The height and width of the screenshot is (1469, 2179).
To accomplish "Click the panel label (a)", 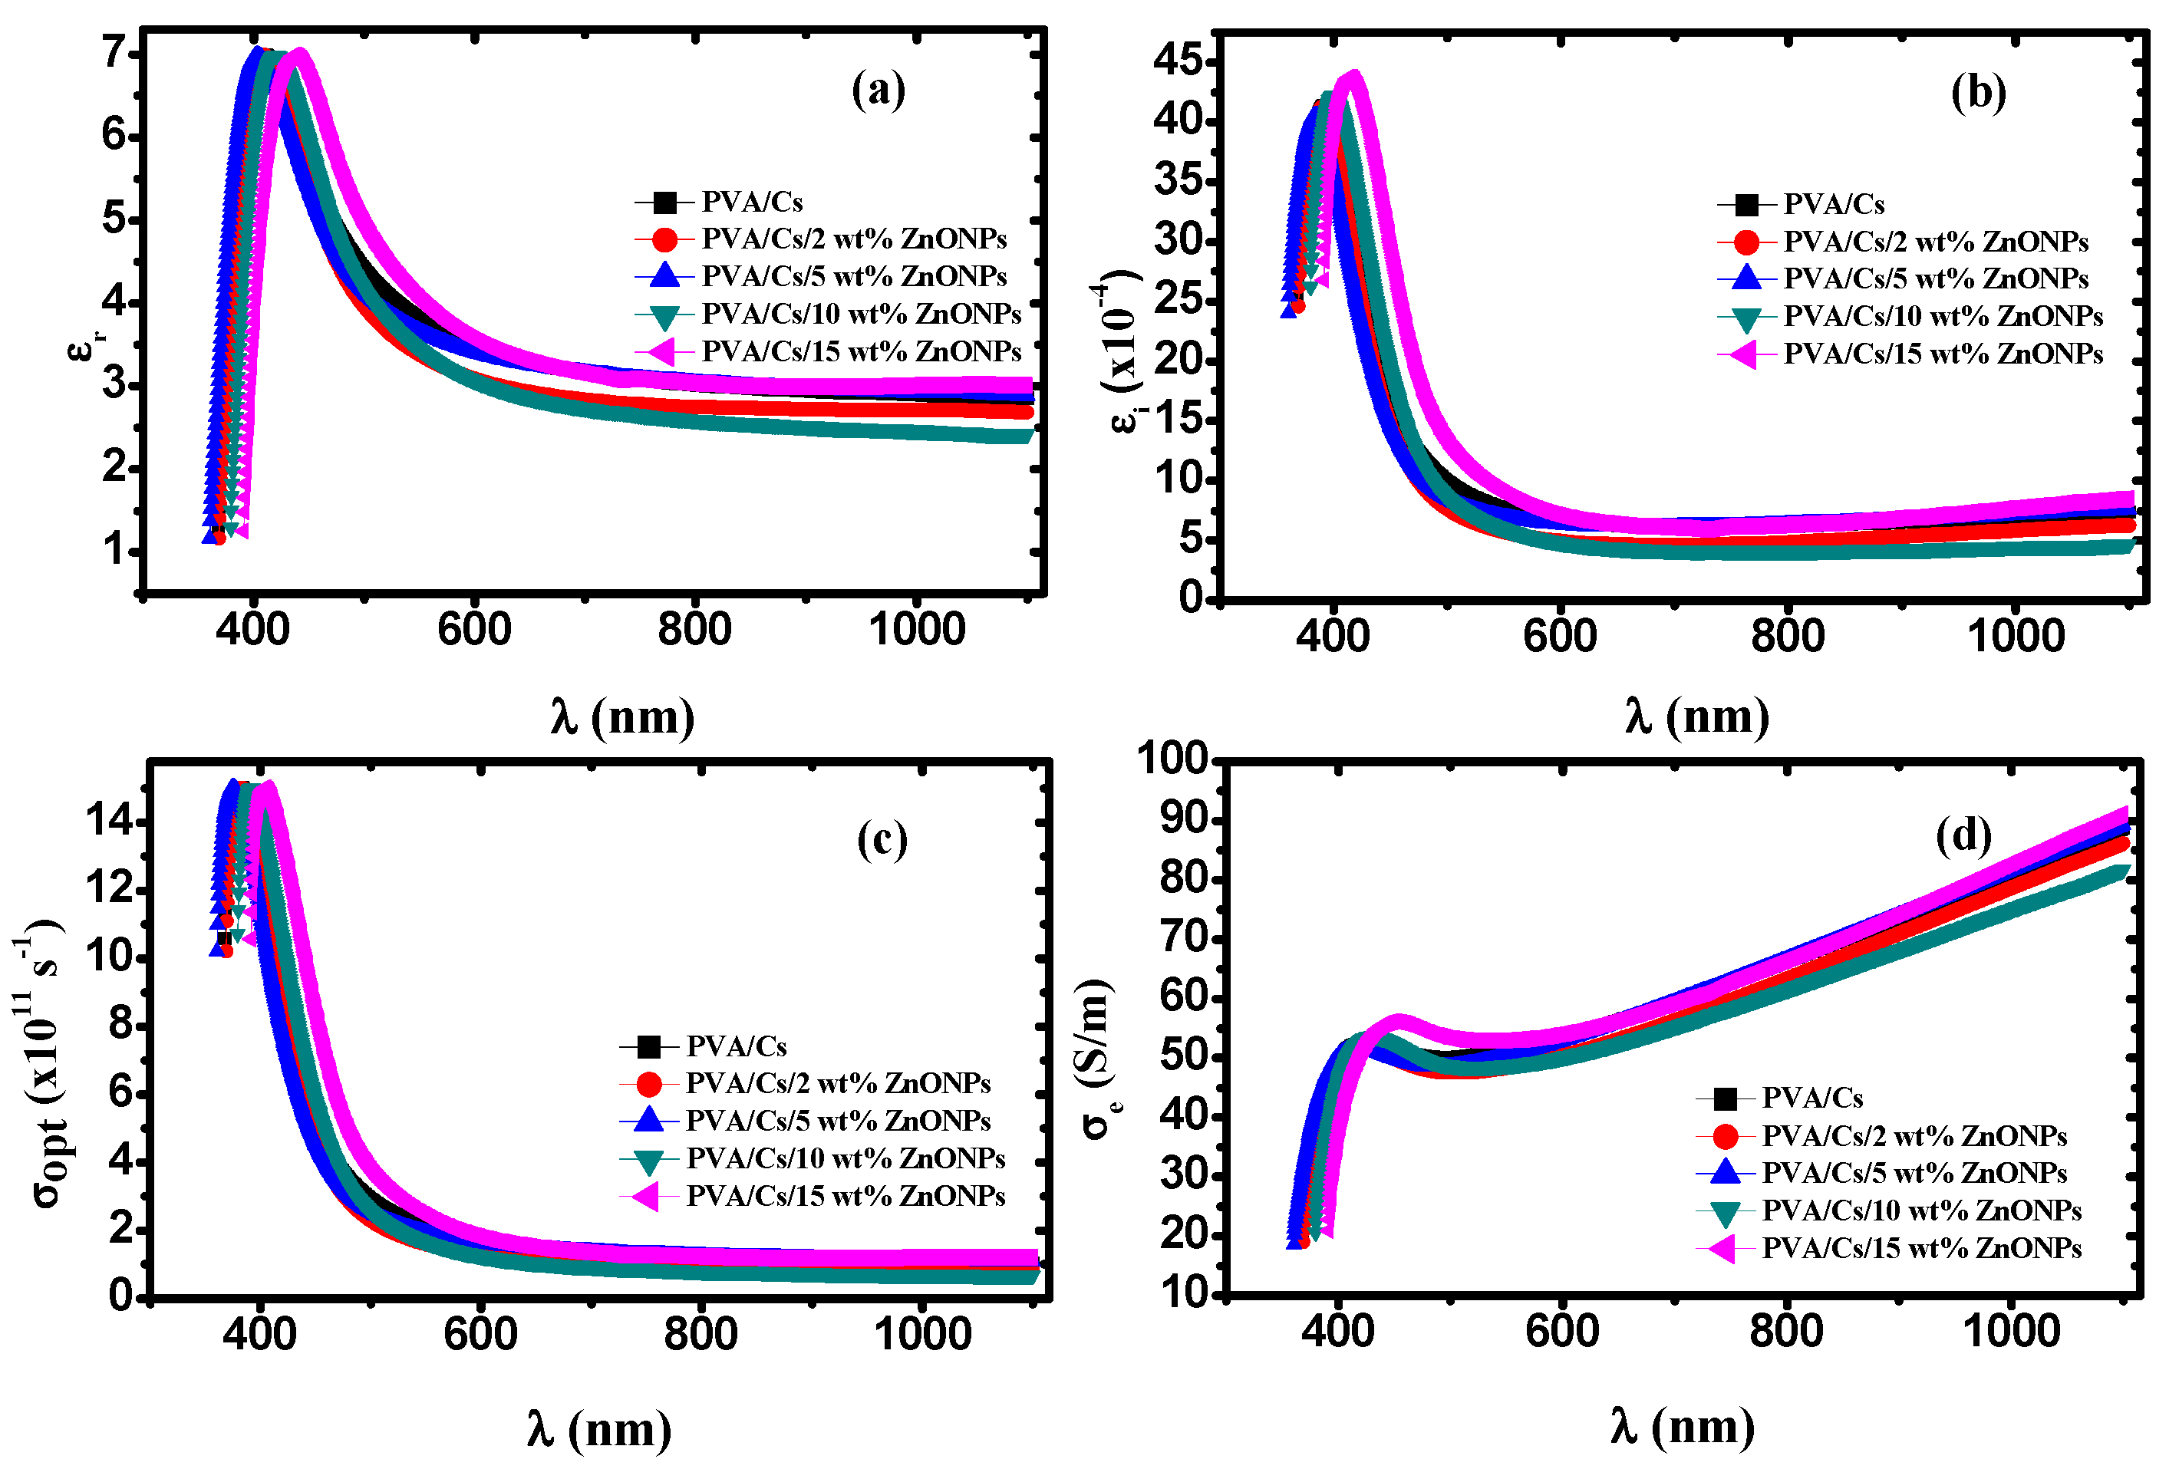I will click(878, 91).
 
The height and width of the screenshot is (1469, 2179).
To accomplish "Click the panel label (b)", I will click(1977, 93).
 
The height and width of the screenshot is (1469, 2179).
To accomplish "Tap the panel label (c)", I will click(882, 838).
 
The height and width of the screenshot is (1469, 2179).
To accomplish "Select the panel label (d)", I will click(1963, 835).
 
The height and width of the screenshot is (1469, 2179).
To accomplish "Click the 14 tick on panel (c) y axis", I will click(109, 822).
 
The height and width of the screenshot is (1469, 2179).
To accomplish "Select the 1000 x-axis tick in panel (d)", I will click(2011, 1330).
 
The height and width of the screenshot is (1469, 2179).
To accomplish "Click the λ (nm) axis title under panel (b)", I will click(1696, 716).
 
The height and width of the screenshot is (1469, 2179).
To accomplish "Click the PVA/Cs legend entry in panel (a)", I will click(751, 202).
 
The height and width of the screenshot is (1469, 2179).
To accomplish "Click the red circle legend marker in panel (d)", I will click(1724, 1136).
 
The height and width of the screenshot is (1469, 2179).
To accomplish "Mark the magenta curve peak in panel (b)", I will click(1352, 77).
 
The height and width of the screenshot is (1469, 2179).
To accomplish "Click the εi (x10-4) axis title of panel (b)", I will click(1122, 351).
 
